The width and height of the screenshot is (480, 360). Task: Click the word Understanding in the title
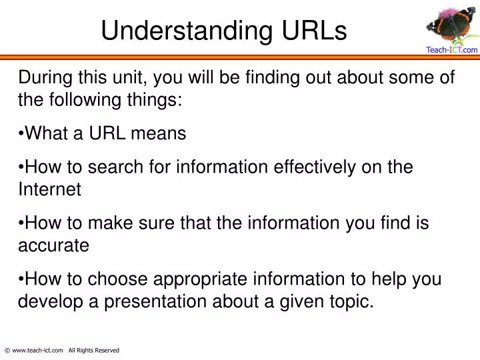click(x=185, y=30)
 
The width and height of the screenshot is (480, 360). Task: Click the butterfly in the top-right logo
click(x=445, y=30)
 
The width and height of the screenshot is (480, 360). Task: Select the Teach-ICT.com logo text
click(x=451, y=49)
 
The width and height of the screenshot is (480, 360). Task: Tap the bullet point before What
click(x=21, y=133)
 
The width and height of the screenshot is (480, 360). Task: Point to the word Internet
click(x=49, y=189)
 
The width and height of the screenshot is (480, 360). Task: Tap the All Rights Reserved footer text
click(x=93, y=350)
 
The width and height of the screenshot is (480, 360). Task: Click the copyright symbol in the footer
click(x=7, y=350)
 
